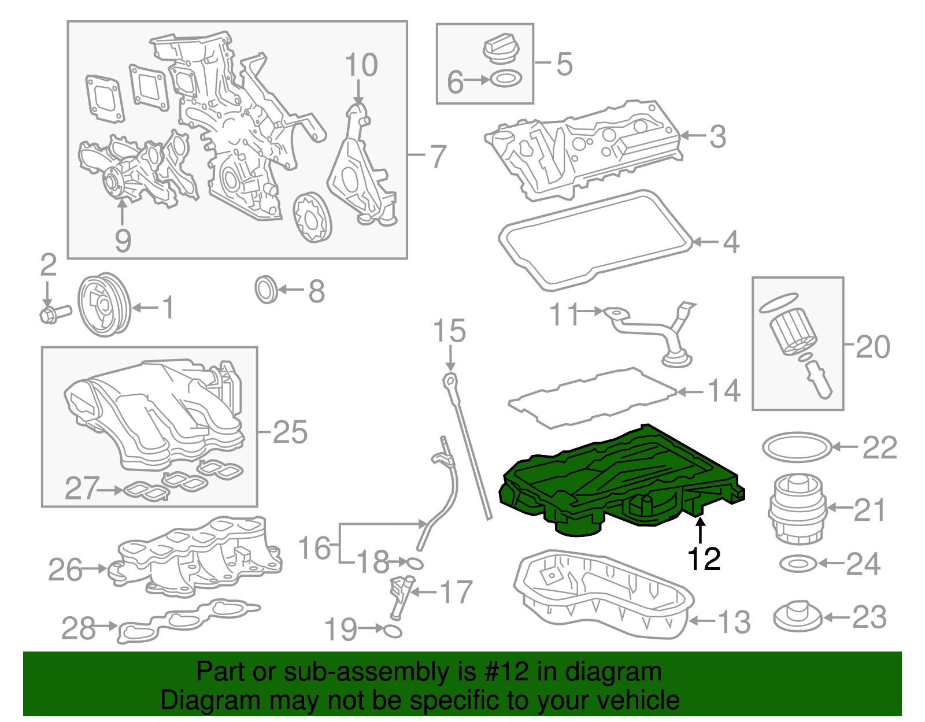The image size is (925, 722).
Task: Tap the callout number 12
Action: click(704, 559)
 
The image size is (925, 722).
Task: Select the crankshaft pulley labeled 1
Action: click(104, 305)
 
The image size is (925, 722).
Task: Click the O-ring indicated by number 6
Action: click(506, 79)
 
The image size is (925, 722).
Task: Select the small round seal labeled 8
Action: click(266, 290)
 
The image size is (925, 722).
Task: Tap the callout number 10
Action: click(361, 65)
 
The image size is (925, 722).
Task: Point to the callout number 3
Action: click(717, 136)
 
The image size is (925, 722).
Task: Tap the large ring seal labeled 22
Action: click(797, 447)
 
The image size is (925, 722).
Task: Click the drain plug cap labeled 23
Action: click(798, 617)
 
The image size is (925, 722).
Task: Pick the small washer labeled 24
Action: click(798, 563)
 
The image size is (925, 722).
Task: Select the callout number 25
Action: click(290, 432)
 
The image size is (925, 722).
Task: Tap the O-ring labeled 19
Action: click(392, 631)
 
